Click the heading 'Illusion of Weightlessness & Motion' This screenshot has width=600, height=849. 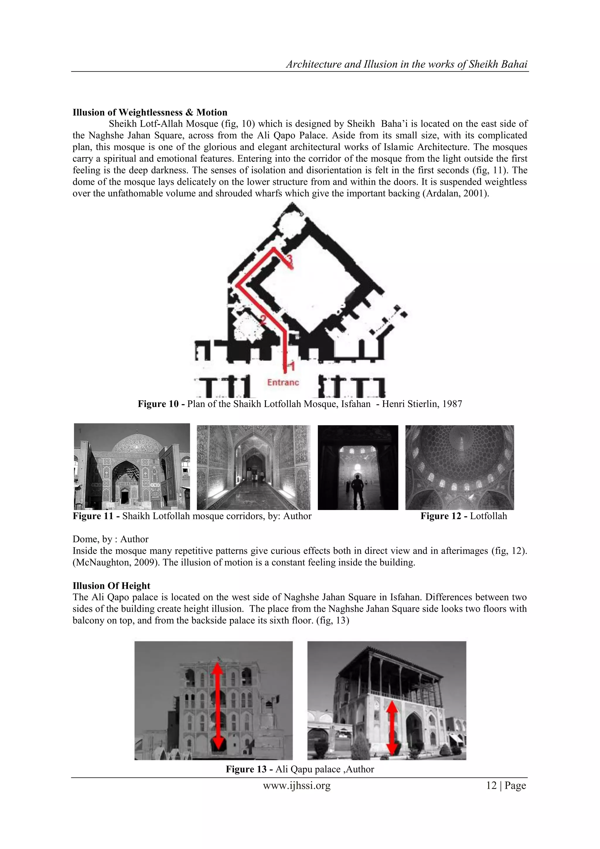[150, 112]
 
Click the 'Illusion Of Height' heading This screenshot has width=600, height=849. [111, 586]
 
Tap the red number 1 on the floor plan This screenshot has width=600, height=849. [291, 367]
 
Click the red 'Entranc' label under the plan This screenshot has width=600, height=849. [283, 382]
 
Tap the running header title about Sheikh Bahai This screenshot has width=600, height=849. [407, 64]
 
